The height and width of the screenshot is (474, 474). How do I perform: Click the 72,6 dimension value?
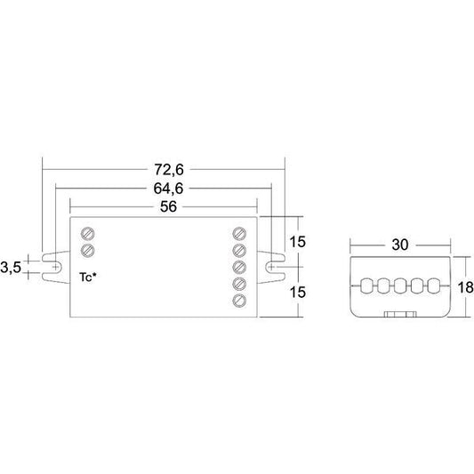click(x=169, y=170)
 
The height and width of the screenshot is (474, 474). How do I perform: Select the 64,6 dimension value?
click(x=168, y=189)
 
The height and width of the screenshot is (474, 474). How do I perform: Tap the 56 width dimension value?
click(x=168, y=207)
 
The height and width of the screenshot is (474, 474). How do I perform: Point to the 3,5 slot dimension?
click(x=11, y=268)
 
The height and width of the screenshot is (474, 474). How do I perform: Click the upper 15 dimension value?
click(x=298, y=242)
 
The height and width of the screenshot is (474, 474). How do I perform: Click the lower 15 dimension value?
click(x=298, y=293)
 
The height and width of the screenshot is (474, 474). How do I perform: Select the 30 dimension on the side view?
click(x=400, y=245)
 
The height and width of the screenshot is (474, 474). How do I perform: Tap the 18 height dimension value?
click(x=465, y=287)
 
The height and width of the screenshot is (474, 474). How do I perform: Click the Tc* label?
click(x=88, y=277)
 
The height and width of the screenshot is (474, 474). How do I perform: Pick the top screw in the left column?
click(x=88, y=234)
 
